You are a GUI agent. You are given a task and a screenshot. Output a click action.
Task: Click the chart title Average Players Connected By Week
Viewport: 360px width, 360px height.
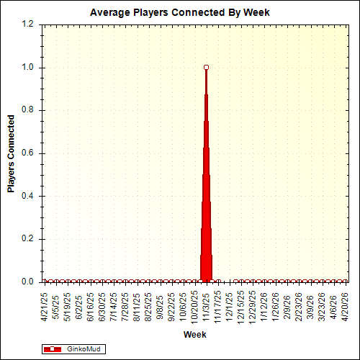pyautogui.click(x=180, y=13)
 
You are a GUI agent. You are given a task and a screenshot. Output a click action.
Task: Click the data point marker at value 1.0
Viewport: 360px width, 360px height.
pyautogui.click(x=207, y=67)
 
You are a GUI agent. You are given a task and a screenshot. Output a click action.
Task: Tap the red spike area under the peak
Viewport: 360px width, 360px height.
pyautogui.click(x=207, y=238)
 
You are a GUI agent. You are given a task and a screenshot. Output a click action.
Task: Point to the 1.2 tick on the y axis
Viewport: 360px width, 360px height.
pyautogui.click(x=28, y=24)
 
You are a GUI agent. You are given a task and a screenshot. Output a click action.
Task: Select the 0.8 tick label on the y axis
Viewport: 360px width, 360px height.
pyautogui.click(x=28, y=110)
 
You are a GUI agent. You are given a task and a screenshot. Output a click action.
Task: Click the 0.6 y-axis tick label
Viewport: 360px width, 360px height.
pyautogui.click(x=28, y=153)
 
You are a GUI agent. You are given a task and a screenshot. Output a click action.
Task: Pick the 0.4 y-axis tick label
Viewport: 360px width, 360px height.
pyautogui.click(x=28, y=196)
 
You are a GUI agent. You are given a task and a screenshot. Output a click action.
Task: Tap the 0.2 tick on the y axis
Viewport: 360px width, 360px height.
pyautogui.click(x=28, y=239)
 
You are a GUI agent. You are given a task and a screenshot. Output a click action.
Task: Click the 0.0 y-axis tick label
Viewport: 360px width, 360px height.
pyautogui.click(x=28, y=282)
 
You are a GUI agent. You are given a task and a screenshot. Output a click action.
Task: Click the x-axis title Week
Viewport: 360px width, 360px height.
pyautogui.click(x=194, y=335)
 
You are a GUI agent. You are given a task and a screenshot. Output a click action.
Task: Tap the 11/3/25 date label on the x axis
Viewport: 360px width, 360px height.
pyautogui.click(x=207, y=305)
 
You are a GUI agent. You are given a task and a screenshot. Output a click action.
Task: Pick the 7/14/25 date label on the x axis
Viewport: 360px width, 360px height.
pyautogui.click(x=114, y=305)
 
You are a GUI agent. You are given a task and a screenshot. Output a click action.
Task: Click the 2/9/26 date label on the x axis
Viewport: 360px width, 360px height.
pyautogui.click(x=287, y=305)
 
